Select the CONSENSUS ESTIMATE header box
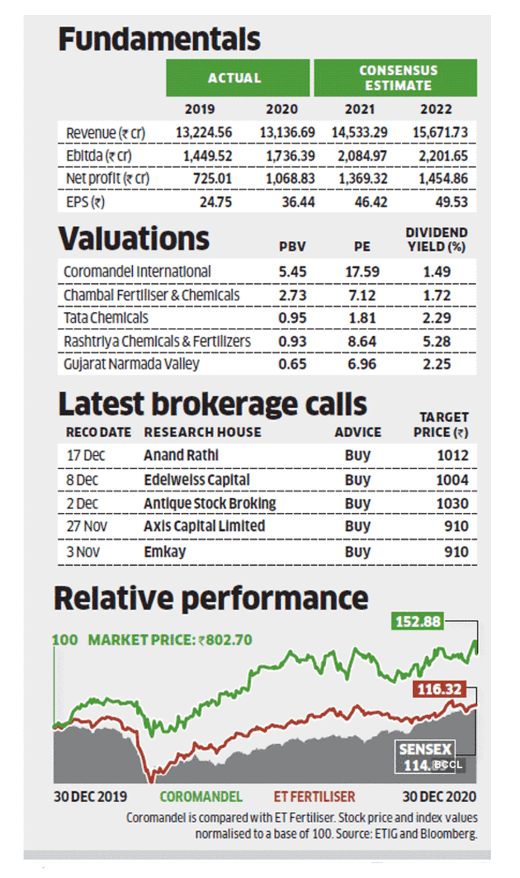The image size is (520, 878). [395, 78]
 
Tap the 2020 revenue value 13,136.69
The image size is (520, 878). [287, 133]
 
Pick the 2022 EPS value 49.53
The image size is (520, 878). [452, 201]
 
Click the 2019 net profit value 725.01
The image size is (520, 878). [212, 178]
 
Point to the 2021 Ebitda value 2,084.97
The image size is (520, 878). [363, 155]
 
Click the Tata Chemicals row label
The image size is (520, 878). [105, 318]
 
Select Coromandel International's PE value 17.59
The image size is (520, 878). [363, 271]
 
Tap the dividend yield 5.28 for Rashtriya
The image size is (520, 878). [437, 341]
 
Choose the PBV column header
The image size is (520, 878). [293, 246]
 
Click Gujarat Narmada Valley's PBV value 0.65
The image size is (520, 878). [293, 364]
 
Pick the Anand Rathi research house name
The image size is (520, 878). [181, 455]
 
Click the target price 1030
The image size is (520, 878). [452, 503]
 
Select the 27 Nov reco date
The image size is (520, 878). [87, 526]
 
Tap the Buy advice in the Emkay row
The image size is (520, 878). [357, 552]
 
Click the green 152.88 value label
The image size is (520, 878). [417, 622]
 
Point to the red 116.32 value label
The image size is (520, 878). [439, 688]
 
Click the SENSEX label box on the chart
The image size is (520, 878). [425, 749]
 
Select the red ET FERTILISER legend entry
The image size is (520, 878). [314, 797]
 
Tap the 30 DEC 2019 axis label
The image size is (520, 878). [90, 797]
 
